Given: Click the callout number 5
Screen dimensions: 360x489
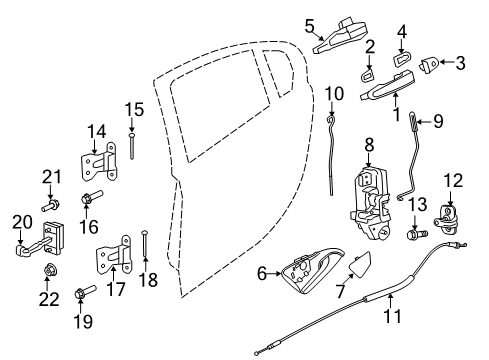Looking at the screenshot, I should (309, 25).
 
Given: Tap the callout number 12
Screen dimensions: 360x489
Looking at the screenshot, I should (455, 181).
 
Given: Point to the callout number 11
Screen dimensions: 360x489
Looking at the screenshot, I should (391, 317).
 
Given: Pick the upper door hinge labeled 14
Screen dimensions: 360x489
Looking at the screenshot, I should (99, 163).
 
